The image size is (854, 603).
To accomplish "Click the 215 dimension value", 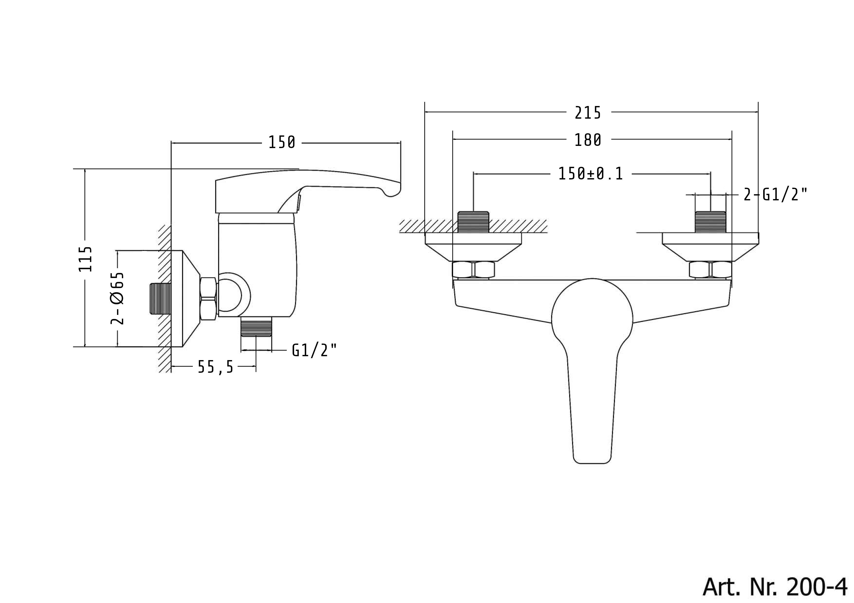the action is pyautogui.click(x=588, y=113).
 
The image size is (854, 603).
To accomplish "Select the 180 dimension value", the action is pyautogui.click(x=588, y=140).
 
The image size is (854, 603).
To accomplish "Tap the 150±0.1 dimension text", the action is pyautogui.click(x=591, y=174).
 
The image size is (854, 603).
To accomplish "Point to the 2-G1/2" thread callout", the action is pyautogui.click(x=776, y=195).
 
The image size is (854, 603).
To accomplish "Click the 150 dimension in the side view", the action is pyautogui.click(x=282, y=143).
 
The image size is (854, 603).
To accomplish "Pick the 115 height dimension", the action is pyautogui.click(x=85, y=259).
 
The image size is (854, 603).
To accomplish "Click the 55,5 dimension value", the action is pyautogui.click(x=216, y=367).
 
